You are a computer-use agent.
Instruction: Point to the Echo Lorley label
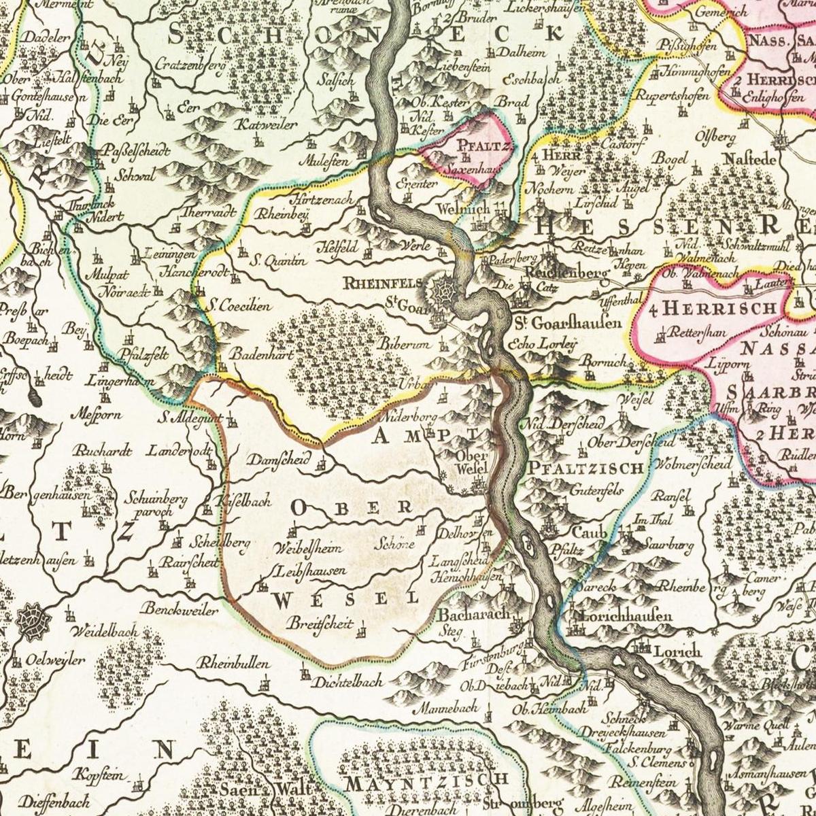tap(547, 343)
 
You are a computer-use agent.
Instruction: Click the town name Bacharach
tap(474, 614)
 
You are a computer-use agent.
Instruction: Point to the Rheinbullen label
tap(234, 664)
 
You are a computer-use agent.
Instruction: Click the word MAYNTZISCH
tap(426, 781)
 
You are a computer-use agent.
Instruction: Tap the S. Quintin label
tap(278, 260)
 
